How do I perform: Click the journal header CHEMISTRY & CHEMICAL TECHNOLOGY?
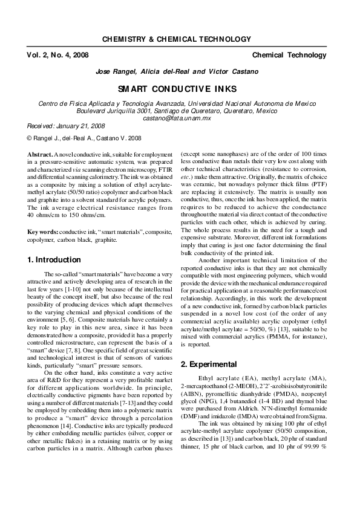pos(176,39)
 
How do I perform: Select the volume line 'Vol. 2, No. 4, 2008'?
pos(57,55)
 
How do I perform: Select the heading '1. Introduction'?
pos(54,260)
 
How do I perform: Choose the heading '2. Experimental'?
pos(209,365)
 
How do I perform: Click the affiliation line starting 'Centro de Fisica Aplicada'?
pos(180,103)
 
